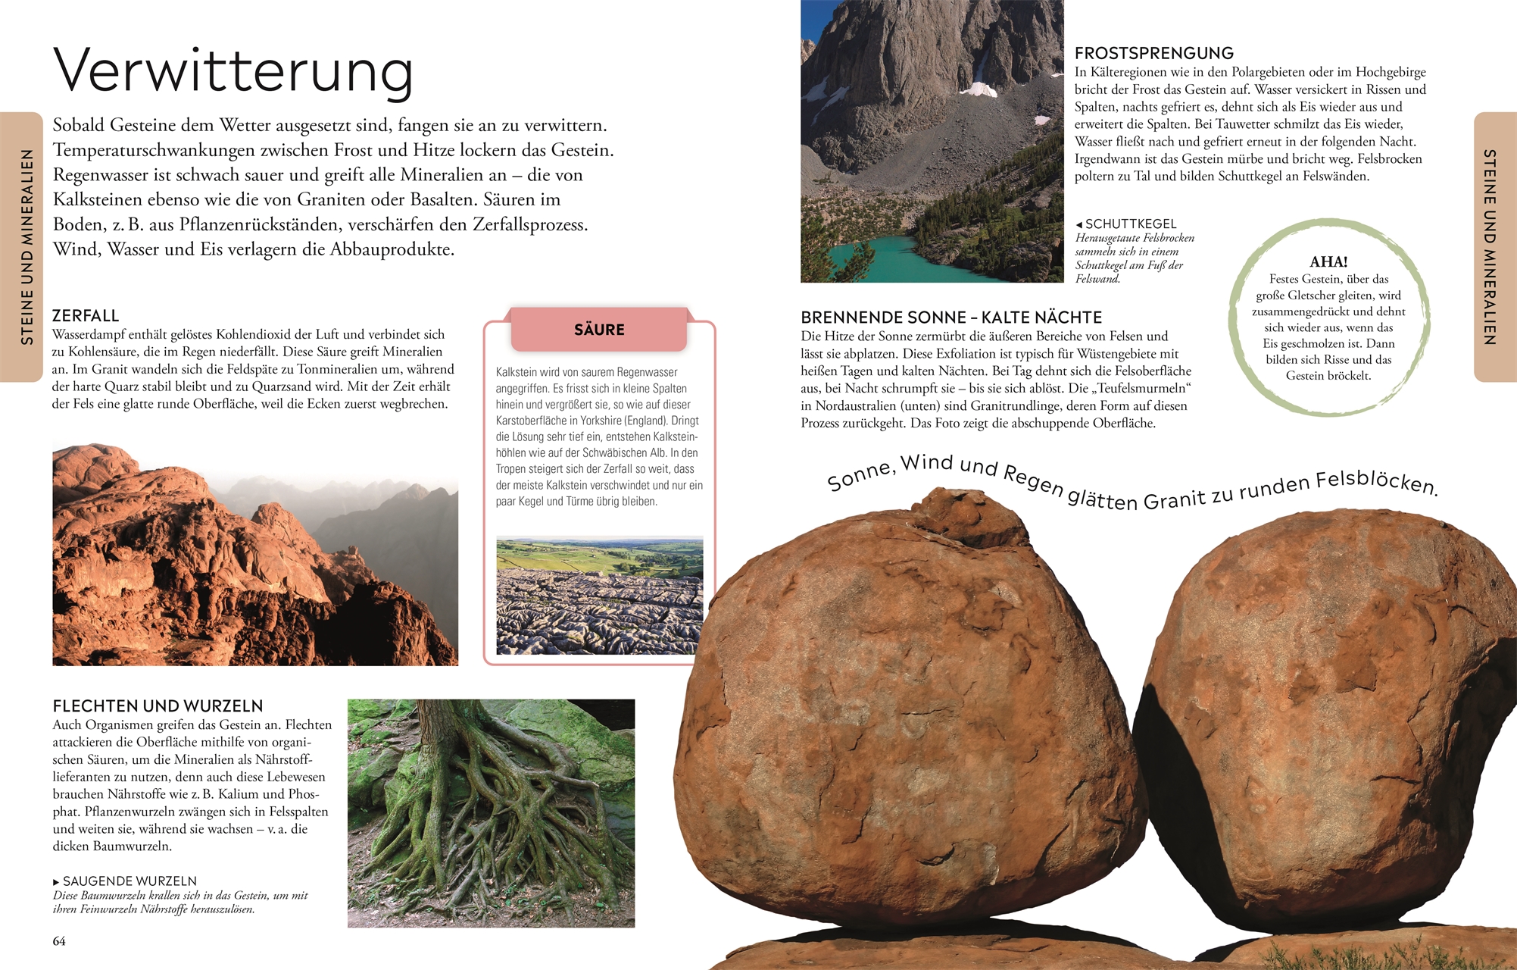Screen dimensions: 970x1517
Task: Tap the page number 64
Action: tap(59, 941)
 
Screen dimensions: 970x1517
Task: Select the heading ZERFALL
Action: tap(86, 315)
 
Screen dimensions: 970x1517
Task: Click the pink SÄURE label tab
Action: tap(599, 330)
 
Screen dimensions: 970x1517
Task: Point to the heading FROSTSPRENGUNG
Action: tap(1153, 53)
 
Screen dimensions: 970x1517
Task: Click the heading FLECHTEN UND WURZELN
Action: tap(158, 706)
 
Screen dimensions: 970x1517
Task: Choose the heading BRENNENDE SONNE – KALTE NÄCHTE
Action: tap(951, 318)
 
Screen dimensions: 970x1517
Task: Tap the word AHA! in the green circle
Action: tap(1328, 261)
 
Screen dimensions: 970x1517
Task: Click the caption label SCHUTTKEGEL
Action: tap(1131, 224)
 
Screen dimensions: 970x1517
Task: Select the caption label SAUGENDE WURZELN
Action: tap(130, 881)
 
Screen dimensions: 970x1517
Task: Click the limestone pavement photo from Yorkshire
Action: tap(599, 596)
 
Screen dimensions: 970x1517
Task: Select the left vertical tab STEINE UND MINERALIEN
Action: tap(27, 247)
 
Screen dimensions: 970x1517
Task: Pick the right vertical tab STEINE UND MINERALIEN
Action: tap(1490, 247)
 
